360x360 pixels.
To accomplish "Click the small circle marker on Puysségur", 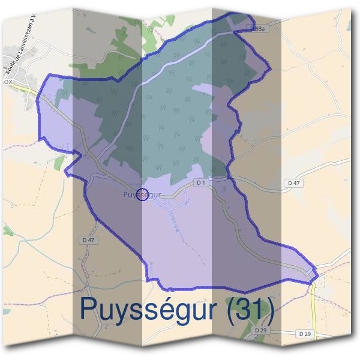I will point(142,194).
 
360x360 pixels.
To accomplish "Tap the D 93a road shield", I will point(257,28).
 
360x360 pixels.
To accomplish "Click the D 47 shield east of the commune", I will point(293,182).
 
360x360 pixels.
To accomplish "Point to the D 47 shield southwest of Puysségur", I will point(88,240).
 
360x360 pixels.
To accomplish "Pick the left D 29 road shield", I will point(260,331).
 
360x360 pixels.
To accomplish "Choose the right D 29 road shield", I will point(305,333).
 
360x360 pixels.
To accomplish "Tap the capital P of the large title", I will point(89,310).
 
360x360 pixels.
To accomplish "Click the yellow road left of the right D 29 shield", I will point(313,312).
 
